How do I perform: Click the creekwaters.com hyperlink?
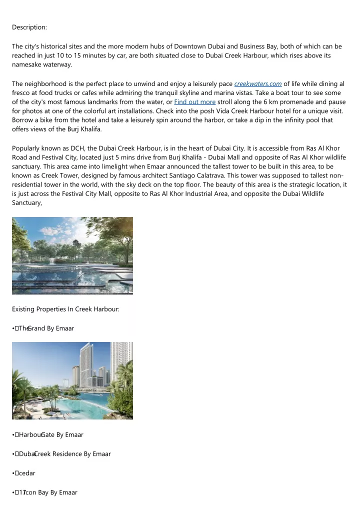click(258, 83)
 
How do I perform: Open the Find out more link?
click(194, 102)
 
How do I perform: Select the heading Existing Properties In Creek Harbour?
click(65, 309)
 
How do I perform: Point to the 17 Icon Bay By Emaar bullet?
click(49, 492)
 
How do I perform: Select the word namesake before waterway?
click(29, 64)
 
